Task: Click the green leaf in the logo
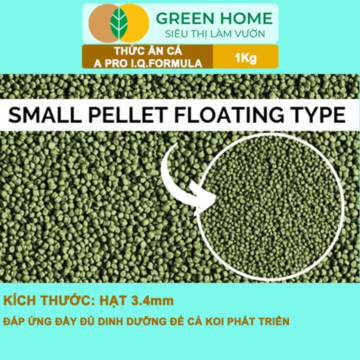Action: tap(119, 23)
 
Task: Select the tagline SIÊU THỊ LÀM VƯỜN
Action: tap(215, 34)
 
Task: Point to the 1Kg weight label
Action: tap(245, 57)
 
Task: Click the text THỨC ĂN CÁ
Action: tap(148, 50)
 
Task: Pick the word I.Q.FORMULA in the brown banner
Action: tap(163, 63)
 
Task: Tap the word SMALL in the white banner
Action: tap(45, 115)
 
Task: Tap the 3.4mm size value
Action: tap(152, 301)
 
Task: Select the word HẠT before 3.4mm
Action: tap(113, 301)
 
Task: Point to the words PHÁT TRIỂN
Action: tap(258, 321)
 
